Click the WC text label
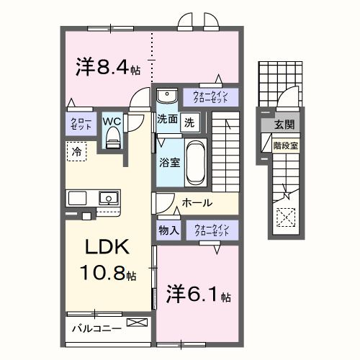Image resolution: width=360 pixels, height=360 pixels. [113, 122]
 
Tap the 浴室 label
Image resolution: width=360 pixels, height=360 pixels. [169, 163]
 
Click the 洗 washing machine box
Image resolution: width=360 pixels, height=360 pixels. [189, 122]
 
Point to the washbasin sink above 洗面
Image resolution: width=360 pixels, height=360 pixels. [166, 96]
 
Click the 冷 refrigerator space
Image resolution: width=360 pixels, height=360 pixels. [76, 151]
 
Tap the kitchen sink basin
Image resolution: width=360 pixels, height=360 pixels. [109, 197]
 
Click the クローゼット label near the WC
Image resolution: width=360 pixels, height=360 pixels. [78, 123]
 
